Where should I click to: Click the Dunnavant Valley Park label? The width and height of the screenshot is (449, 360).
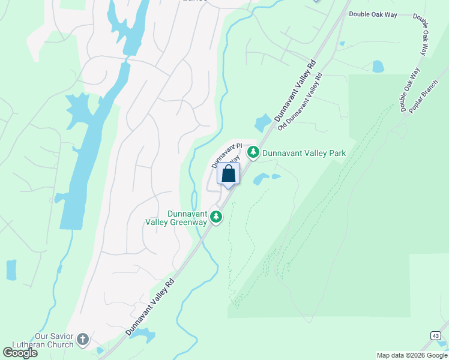coord(304,154)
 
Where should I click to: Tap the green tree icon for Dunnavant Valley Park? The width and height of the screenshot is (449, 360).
coord(253,153)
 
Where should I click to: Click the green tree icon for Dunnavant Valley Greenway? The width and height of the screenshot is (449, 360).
coord(216,217)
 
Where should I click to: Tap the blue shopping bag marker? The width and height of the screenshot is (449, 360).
coord(228,175)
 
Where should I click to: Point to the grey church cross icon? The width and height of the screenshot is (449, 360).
coord(83,340)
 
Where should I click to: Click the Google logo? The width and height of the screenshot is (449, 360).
coord(20,353)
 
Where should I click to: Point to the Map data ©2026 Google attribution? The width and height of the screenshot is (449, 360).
coord(412,355)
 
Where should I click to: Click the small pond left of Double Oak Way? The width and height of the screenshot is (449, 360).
coord(378,66)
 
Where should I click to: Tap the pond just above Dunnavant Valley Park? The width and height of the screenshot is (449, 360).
coord(263,123)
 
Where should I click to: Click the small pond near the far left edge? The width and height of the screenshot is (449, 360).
coord(11,270)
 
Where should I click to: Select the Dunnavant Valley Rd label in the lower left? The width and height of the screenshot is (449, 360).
coord(150,307)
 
